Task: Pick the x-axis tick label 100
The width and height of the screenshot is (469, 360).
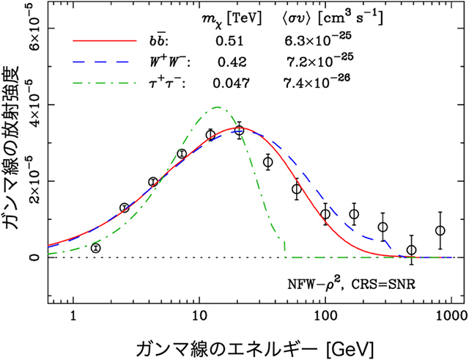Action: click(325, 316)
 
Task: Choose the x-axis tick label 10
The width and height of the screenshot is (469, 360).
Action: click(199, 316)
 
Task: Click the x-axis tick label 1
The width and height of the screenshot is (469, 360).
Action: click(73, 316)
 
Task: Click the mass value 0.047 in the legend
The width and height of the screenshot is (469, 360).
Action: click(229, 82)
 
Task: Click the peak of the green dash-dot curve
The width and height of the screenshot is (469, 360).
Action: click(217, 107)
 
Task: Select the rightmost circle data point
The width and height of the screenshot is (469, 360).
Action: click(440, 231)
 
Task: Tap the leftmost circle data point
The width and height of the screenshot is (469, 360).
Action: click(96, 248)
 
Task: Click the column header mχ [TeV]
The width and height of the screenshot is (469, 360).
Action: click(228, 17)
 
